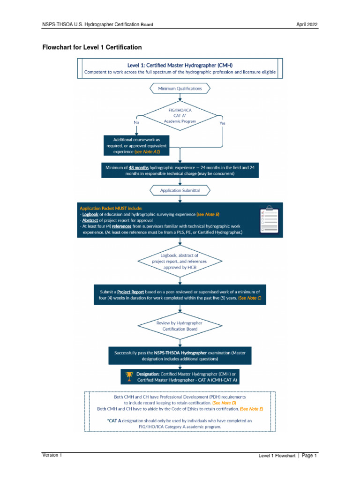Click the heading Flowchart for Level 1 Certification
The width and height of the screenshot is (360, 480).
coord(92,47)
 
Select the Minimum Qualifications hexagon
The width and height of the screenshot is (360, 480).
coord(180,88)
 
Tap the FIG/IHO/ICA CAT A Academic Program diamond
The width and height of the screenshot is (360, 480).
coord(180,115)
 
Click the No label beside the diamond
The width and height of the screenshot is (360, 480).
coord(136,122)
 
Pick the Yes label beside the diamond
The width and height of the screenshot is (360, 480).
coord(222,123)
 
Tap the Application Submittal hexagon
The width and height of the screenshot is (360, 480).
coord(180,190)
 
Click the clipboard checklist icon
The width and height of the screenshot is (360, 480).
coord(267,219)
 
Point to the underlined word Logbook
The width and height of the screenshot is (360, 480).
coord(92,214)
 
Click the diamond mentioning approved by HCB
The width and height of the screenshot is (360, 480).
coord(180,261)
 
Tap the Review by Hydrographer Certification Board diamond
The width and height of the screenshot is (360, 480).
coord(180,326)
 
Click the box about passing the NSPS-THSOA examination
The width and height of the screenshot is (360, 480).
coord(180,355)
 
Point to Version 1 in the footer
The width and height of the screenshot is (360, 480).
coord(52,455)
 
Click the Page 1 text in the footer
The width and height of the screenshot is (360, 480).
coord(309,456)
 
